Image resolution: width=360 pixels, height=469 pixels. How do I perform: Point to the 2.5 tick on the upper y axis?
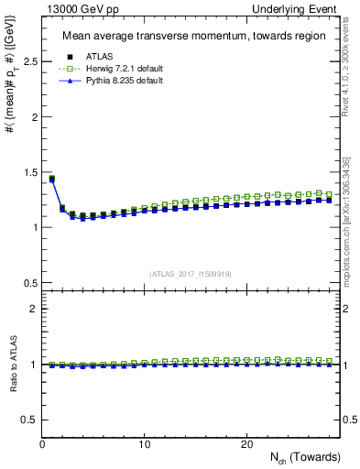point(29,62)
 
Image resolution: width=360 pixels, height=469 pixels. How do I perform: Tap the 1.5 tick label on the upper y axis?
point(29,172)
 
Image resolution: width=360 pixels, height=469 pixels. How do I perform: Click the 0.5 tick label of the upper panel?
point(29,282)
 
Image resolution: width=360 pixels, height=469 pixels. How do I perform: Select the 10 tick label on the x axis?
point(144,444)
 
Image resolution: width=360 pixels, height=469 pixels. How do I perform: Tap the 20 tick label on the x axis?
point(245,444)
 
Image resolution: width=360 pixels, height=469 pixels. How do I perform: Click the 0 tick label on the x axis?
point(42,444)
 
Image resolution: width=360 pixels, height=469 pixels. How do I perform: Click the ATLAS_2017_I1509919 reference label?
point(191,273)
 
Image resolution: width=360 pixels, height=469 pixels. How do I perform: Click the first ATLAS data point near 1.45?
point(52,179)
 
